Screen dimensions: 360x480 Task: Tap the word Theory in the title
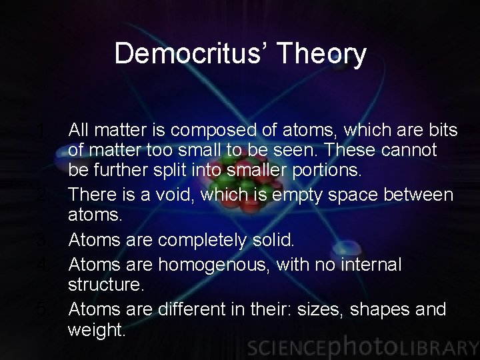327,54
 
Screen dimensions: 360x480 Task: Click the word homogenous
214,265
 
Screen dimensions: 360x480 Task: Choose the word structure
105,285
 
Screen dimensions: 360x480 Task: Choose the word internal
362,265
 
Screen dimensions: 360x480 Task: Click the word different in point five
193,310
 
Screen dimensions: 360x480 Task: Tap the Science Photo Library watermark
361,347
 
